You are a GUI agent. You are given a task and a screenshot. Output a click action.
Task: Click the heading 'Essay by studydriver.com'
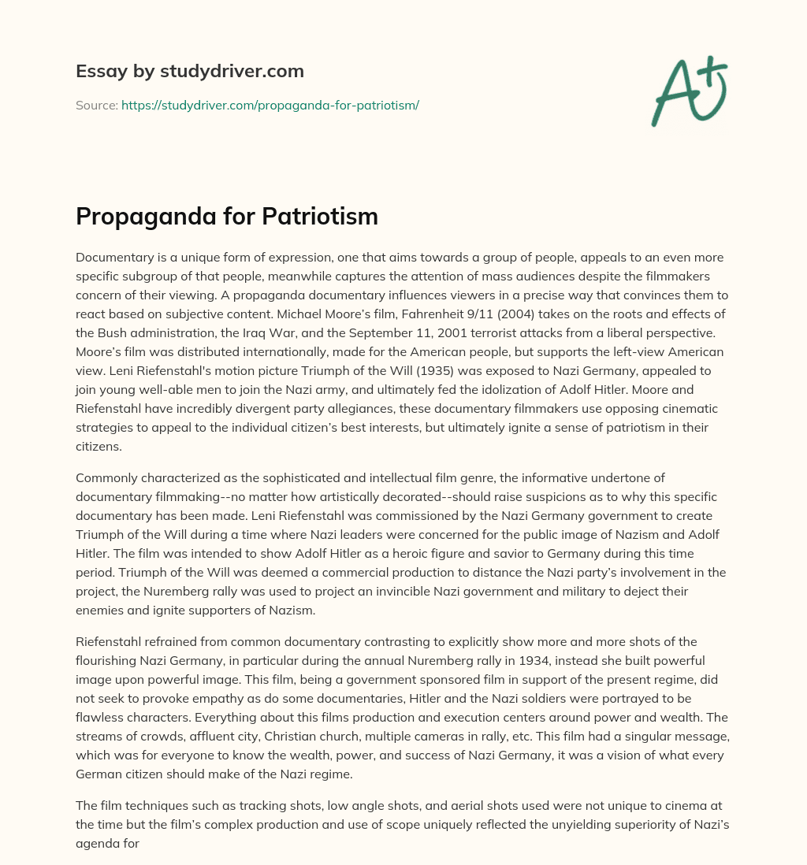tap(189, 71)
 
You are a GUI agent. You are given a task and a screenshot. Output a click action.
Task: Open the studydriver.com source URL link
tap(270, 105)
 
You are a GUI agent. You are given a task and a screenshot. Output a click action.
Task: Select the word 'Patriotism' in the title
tap(326, 217)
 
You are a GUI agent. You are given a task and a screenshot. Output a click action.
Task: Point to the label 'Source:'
tap(96, 105)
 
